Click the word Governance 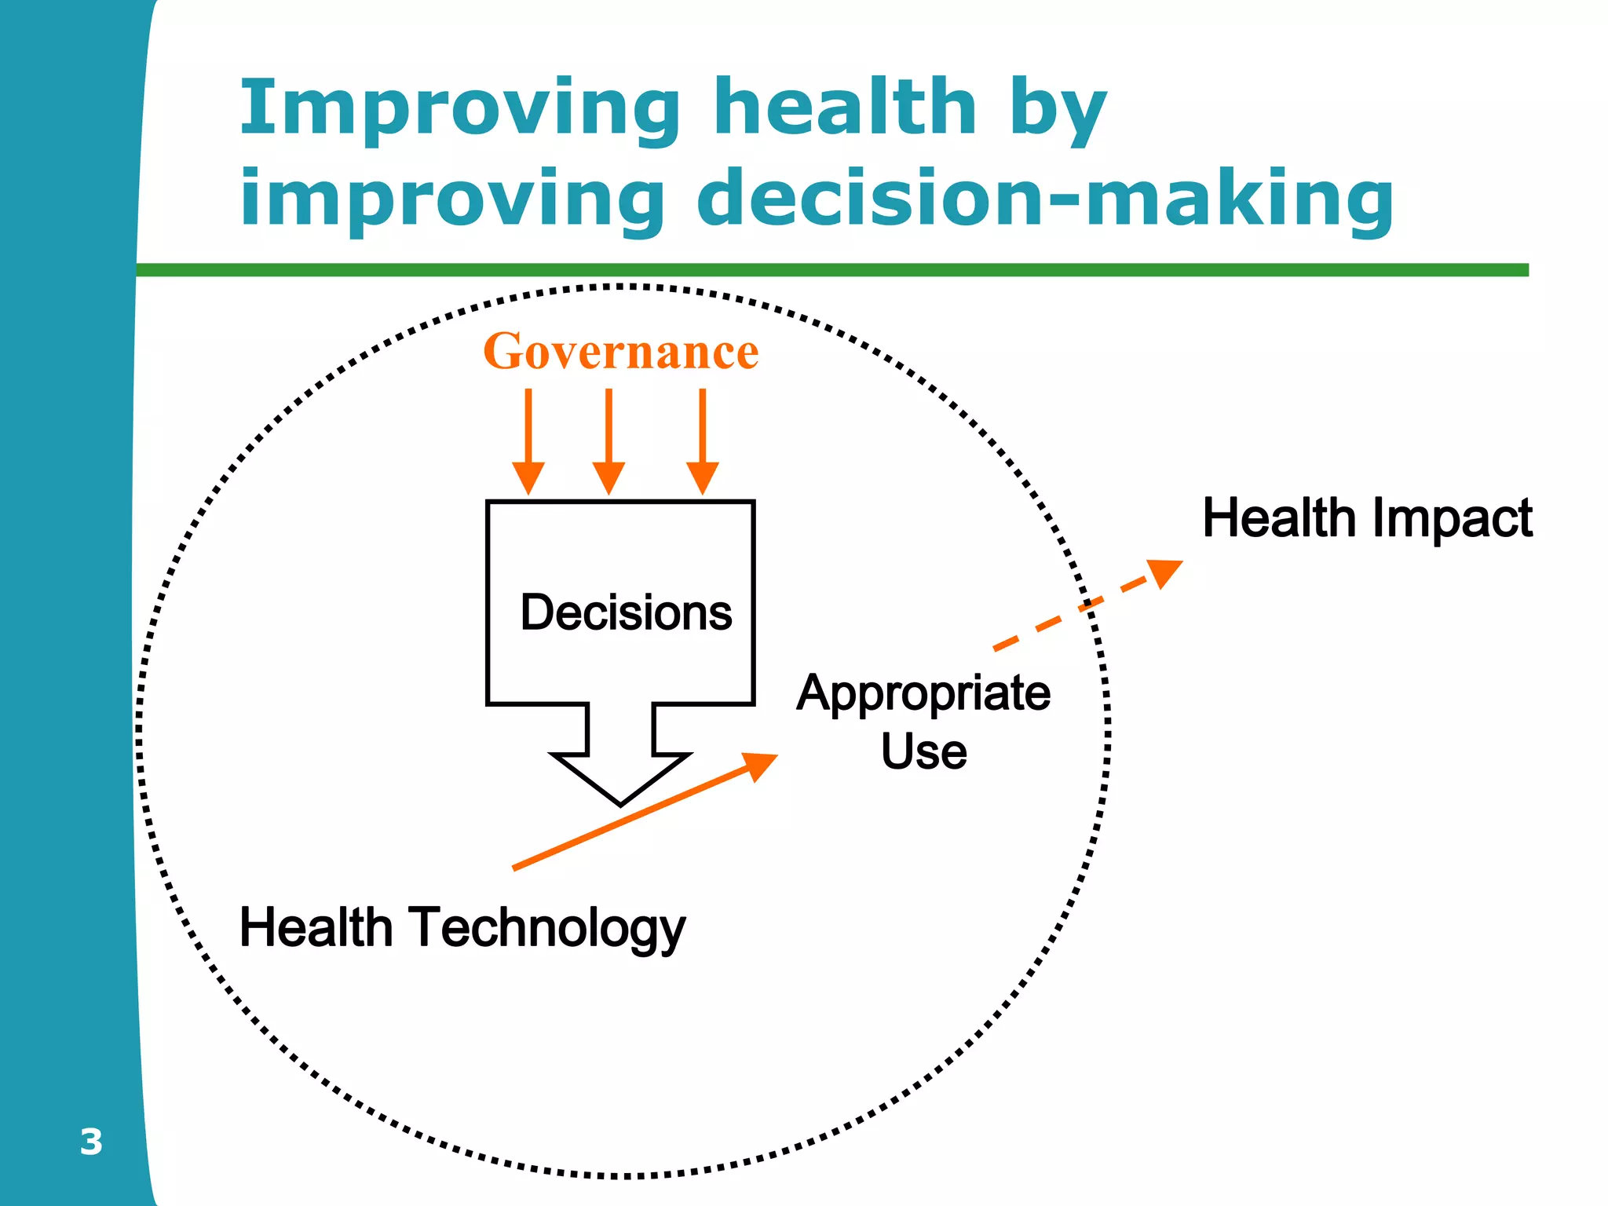click(x=620, y=351)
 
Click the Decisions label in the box click(x=626, y=612)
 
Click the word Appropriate click(x=923, y=694)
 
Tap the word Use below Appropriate click(x=923, y=751)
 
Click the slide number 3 click(x=91, y=1142)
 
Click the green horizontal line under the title click(x=832, y=270)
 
